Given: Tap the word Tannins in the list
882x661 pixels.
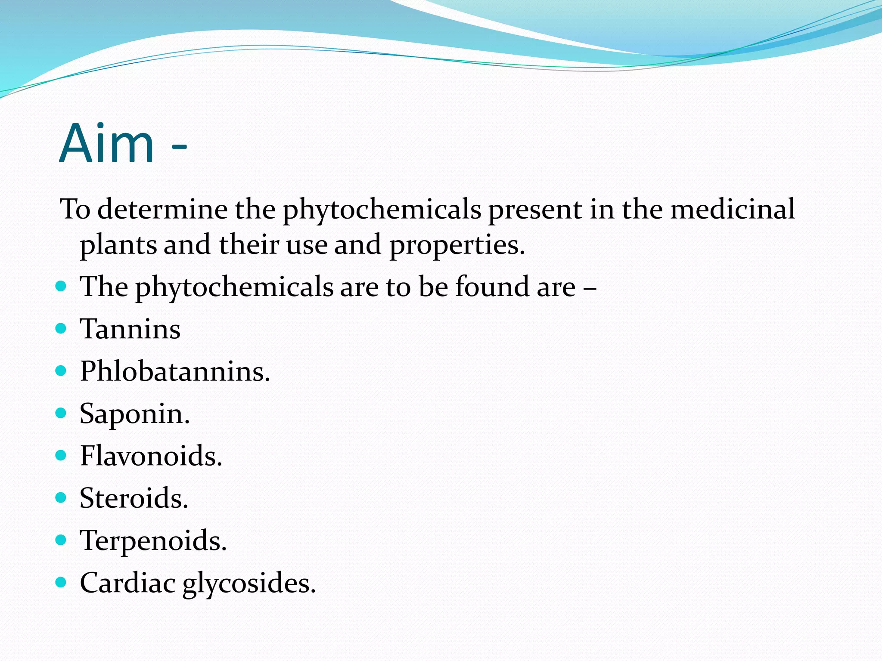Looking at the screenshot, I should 130,329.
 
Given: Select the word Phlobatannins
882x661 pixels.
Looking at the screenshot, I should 174,371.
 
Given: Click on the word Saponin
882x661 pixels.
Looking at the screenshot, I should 134,414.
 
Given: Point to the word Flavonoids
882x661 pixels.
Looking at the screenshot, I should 151,456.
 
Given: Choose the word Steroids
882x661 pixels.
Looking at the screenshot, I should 134,498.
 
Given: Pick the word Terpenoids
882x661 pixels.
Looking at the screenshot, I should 153,541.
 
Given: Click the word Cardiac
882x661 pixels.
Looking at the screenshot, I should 127,583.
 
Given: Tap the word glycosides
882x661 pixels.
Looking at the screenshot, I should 249,584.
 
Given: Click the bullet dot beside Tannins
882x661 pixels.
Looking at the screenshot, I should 61,329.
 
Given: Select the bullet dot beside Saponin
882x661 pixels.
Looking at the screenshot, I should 61,413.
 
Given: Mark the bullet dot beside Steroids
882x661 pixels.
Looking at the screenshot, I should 61,498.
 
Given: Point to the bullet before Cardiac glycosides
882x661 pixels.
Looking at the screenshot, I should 61,583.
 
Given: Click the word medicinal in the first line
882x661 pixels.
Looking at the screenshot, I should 733,209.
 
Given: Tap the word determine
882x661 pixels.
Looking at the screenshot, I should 162,209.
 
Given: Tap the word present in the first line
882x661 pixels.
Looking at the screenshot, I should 534,210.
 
